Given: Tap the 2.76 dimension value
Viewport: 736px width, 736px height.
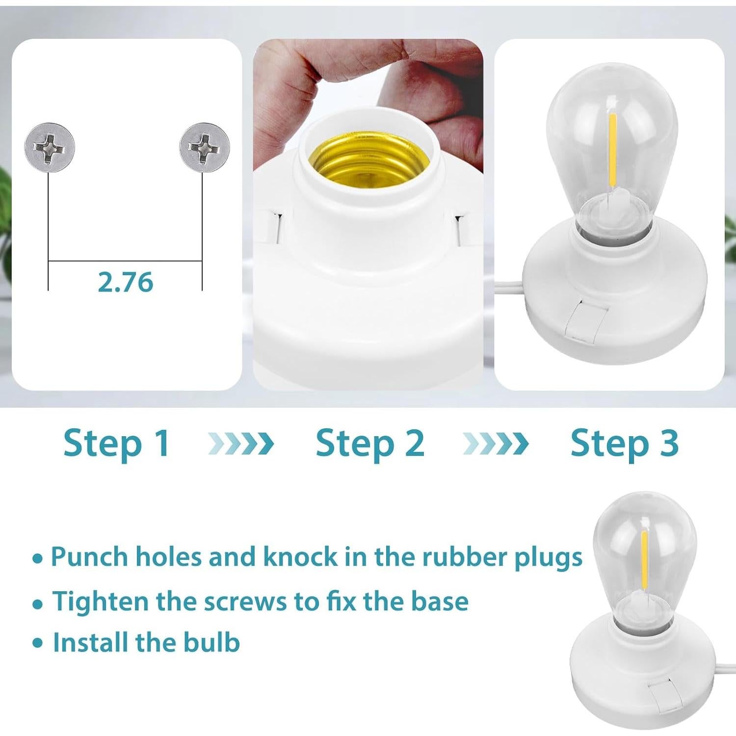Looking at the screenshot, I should click(x=126, y=282).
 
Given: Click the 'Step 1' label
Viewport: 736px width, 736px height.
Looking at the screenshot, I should click(x=117, y=443).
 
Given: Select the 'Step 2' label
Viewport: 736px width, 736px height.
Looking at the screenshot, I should click(x=370, y=443).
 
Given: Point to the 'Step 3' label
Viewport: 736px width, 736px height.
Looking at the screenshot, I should click(x=624, y=443).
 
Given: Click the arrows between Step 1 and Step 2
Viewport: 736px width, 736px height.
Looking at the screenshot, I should click(x=241, y=444).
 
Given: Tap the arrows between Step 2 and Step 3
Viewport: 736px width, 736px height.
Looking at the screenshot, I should click(x=496, y=444).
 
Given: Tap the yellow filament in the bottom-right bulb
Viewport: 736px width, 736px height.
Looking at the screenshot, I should click(x=645, y=559).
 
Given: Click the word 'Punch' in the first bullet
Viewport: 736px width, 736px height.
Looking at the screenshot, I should click(x=89, y=557).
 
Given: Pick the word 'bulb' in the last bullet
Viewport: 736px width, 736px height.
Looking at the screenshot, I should click(x=211, y=643).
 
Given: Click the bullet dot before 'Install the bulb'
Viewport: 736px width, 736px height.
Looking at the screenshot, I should click(x=38, y=643).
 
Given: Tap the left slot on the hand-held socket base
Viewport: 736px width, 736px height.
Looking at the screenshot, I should click(x=273, y=227).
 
